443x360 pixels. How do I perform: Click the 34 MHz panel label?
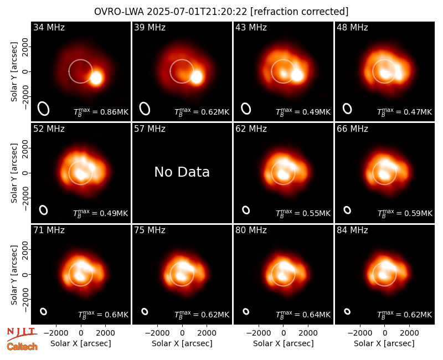[49, 27]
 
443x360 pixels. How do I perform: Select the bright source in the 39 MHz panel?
[197, 77]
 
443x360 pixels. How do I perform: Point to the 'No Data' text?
[182, 172]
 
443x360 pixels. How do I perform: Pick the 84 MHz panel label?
[352, 230]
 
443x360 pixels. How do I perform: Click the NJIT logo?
[22, 333]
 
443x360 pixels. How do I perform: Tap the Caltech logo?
[22, 347]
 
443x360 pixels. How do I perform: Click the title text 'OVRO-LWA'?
[119, 12]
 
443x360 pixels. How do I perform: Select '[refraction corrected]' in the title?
[299, 12]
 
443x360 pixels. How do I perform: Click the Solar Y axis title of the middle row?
[14, 173]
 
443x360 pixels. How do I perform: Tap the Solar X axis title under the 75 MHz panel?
[182, 343]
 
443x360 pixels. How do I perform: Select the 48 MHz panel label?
[352, 27]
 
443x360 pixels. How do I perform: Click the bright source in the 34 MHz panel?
[96, 78]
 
